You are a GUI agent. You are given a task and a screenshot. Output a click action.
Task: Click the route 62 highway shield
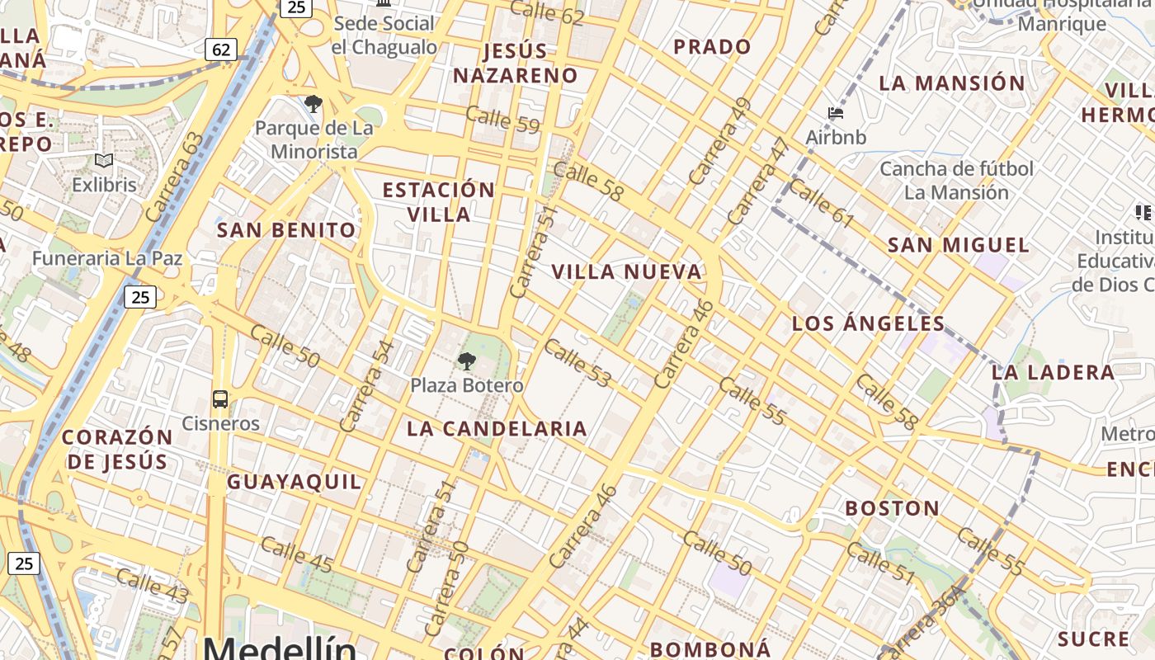pyautogui.click(x=221, y=49)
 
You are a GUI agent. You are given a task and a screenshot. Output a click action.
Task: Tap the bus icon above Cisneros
pyautogui.click(x=220, y=399)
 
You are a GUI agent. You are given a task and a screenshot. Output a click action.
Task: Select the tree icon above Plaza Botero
pyautogui.click(x=467, y=361)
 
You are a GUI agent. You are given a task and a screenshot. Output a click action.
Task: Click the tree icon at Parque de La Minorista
pyautogui.click(x=313, y=104)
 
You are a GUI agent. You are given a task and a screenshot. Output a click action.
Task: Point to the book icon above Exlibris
pyautogui.click(x=104, y=161)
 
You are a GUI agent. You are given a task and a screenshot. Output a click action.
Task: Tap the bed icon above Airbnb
pyautogui.click(x=836, y=113)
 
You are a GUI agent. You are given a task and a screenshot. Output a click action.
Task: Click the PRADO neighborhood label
pyautogui.click(x=712, y=47)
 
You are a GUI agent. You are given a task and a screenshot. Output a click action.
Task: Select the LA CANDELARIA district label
pyautogui.click(x=497, y=428)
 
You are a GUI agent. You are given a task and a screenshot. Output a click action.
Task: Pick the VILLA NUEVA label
pyautogui.click(x=626, y=271)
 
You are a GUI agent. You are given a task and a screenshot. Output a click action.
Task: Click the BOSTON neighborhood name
pyautogui.click(x=893, y=507)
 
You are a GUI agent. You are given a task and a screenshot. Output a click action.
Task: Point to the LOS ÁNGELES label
pyautogui.click(x=868, y=323)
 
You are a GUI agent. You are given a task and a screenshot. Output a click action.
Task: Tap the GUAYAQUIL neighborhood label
pyautogui.click(x=295, y=482)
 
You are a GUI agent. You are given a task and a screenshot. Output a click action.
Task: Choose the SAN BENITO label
pyautogui.click(x=286, y=229)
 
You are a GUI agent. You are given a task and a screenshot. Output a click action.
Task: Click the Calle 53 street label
pyautogui.click(x=577, y=362)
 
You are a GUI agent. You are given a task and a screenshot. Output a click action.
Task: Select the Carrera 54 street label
pyautogui.click(x=363, y=386)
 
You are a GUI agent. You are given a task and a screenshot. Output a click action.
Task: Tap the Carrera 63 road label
pyautogui.click(x=173, y=177)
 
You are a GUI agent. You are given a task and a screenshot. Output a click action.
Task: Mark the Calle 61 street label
pyautogui.click(x=821, y=203)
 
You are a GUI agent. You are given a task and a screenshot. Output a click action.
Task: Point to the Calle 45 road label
pyautogui.click(x=296, y=554)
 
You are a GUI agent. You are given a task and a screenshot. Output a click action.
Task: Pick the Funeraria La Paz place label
pyautogui.click(x=107, y=258)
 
